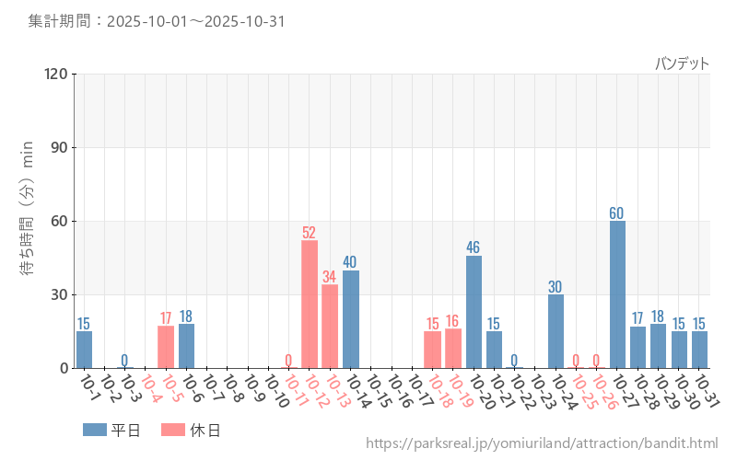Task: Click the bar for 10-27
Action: pos(617,294)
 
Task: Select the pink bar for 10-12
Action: pos(310,305)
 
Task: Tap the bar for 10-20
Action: pos(474,312)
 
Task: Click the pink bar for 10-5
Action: pos(166,347)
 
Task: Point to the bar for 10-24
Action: pos(556,331)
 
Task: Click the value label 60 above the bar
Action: pos(617,213)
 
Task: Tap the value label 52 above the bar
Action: pos(310,233)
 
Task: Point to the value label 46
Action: pos(474,247)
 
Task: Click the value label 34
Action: pos(330,277)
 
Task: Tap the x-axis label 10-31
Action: pos(706,393)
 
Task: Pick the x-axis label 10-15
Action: pos(378,393)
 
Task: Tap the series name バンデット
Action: pos(682,63)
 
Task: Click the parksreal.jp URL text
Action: pos(542,443)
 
